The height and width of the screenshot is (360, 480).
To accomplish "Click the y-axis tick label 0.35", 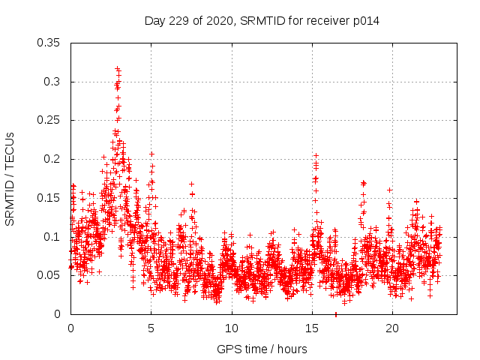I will tap(50, 43).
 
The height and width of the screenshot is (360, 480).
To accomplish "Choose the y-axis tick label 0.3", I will tap(53, 82).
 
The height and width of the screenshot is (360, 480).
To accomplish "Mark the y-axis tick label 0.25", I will tap(50, 120).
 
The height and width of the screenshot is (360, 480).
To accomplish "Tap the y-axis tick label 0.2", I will tap(53, 159).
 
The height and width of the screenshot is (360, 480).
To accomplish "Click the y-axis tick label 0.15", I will tap(50, 198).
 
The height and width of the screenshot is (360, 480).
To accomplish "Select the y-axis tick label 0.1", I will tap(53, 237).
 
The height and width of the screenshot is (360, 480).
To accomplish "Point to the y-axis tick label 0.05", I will tap(50, 275).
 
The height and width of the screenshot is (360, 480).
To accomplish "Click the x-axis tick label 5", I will tap(151, 328).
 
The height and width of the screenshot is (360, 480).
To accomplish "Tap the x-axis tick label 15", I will tap(311, 328).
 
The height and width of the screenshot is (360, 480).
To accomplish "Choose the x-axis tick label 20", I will tap(391, 328).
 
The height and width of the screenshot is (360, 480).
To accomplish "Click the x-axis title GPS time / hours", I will tap(262, 349).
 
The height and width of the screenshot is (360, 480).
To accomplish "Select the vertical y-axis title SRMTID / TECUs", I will tap(10, 178).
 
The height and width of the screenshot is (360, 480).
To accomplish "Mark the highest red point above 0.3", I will tap(118, 69).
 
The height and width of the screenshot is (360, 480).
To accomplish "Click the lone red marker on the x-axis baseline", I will tap(335, 314).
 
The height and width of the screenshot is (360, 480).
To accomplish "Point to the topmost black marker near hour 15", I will tap(316, 155).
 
